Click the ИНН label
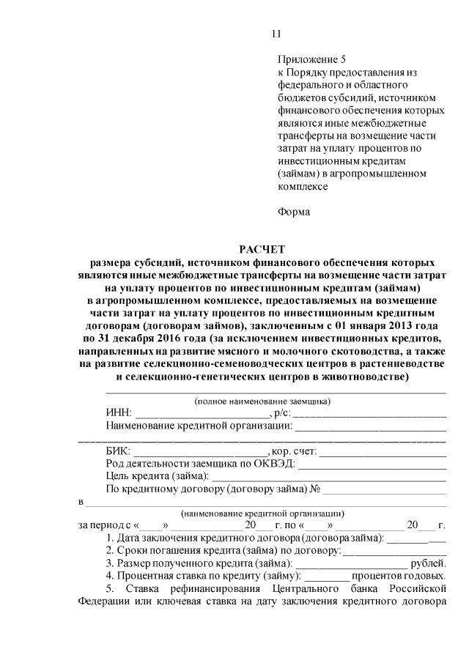[119, 412]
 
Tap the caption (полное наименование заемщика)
[262, 401]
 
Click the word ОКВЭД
[276, 463]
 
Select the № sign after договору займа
[316, 488]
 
